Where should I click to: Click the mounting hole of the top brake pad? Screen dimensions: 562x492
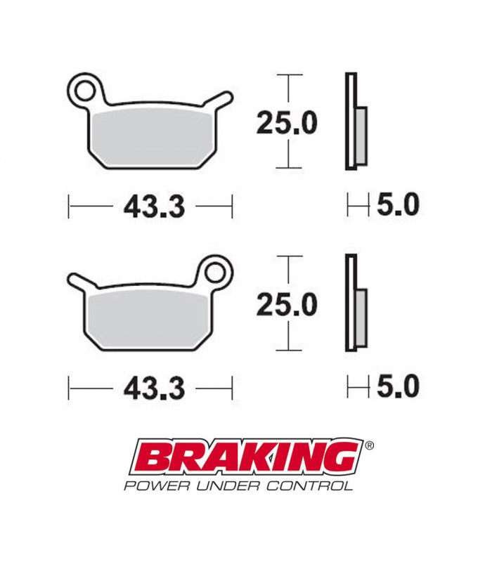[86, 90]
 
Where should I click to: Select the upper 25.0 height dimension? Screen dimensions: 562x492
[286, 124]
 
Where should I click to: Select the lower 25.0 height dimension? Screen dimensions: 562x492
[286, 304]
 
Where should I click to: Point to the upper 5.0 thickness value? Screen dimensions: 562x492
[398, 205]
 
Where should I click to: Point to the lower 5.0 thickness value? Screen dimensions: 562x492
[398, 386]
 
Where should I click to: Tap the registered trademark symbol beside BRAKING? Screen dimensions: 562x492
[370, 445]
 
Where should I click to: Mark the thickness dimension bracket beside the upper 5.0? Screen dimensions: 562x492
[358, 206]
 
